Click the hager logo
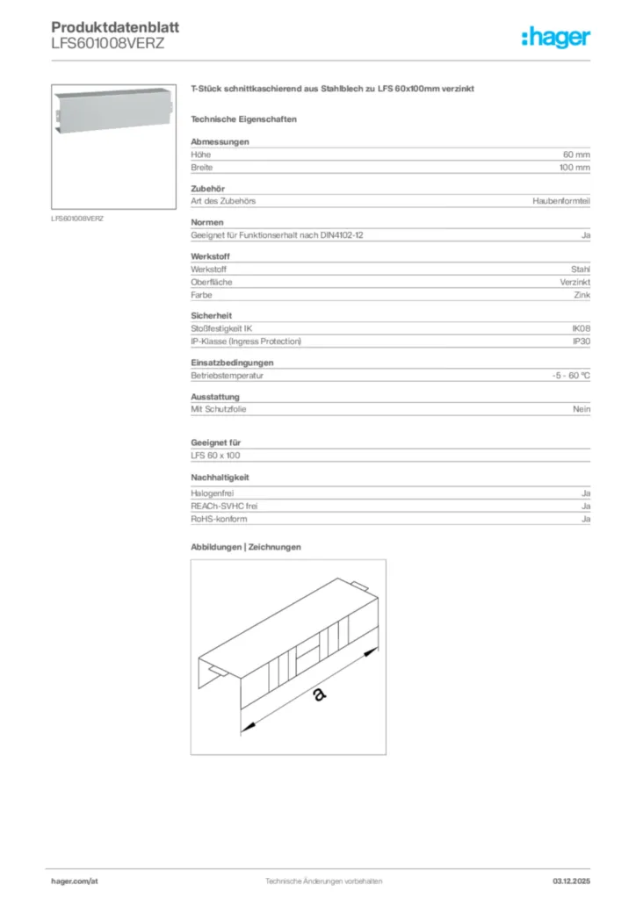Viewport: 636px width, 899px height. click(x=555, y=37)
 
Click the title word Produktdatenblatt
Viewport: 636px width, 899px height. click(x=109, y=27)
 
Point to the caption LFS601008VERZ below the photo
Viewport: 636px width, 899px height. click(x=77, y=218)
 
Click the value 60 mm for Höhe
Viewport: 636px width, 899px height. click(x=576, y=155)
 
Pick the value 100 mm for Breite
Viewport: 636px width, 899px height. click(x=575, y=167)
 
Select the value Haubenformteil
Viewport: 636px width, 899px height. click(x=561, y=201)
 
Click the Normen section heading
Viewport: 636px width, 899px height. click(x=207, y=222)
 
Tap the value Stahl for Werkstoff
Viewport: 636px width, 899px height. click(x=581, y=270)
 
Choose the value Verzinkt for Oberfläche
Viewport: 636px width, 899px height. click(x=575, y=282)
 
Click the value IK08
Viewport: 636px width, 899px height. click(x=581, y=328)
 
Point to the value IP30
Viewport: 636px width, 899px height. click(x=582, y=341)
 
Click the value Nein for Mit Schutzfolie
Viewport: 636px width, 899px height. click(x=582, y=409)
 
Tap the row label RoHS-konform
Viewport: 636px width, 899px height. click(x=219, y=519)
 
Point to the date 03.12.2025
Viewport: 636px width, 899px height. click(x=571, y=881)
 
